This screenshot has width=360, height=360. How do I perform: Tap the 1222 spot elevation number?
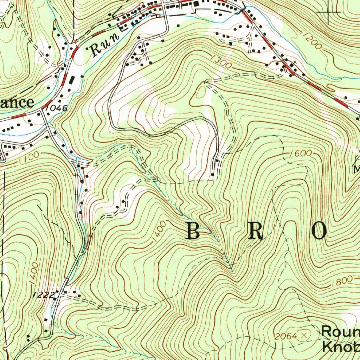point(45,295)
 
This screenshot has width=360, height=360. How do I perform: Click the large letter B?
point(194,231)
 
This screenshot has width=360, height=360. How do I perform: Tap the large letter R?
point(256,231)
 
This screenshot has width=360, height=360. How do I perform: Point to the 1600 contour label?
point(301,154)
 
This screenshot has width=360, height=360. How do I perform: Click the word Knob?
point(340,346)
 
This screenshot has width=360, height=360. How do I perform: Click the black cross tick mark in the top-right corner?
point(329,12)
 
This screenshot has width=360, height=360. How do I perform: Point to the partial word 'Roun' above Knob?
point(340,332)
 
